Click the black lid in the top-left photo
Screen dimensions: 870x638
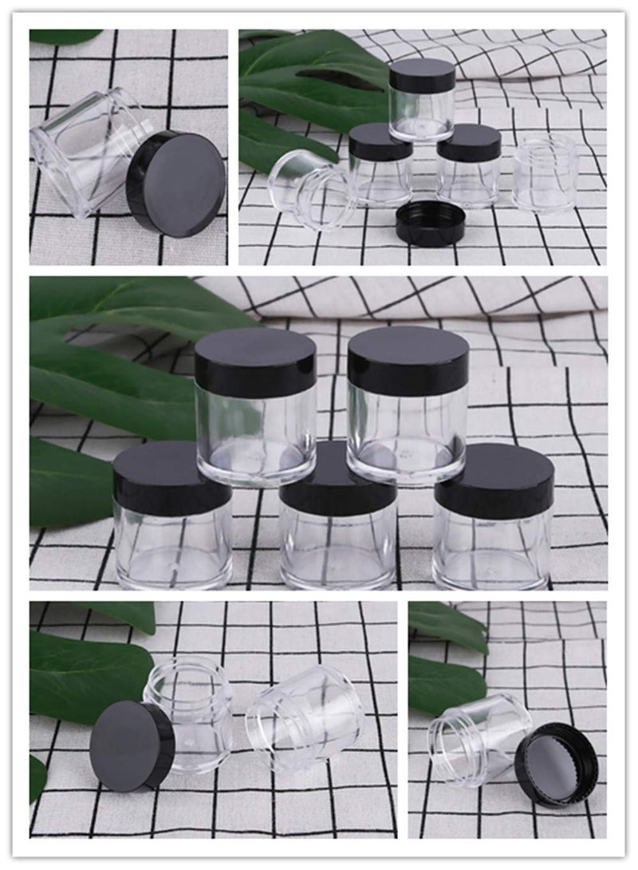pos(177,184)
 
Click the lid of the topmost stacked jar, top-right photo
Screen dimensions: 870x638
pos(422,73)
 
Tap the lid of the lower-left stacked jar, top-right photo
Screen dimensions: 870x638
pos(380,140)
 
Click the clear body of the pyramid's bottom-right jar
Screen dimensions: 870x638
pos(493,551)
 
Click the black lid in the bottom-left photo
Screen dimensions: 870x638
pos(132,747)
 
